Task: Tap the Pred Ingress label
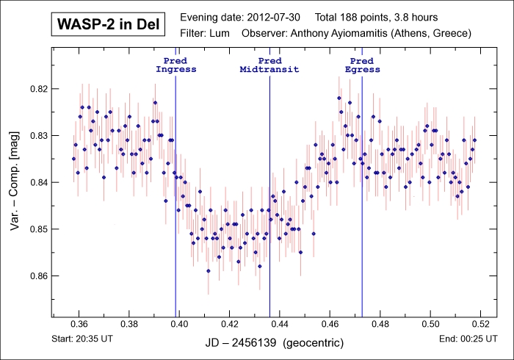pos(175,65)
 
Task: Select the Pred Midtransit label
pos(269,65)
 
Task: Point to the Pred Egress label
pos(362,65)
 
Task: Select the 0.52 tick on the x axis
pos(480,324)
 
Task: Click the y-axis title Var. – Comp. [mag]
pos(15,182)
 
